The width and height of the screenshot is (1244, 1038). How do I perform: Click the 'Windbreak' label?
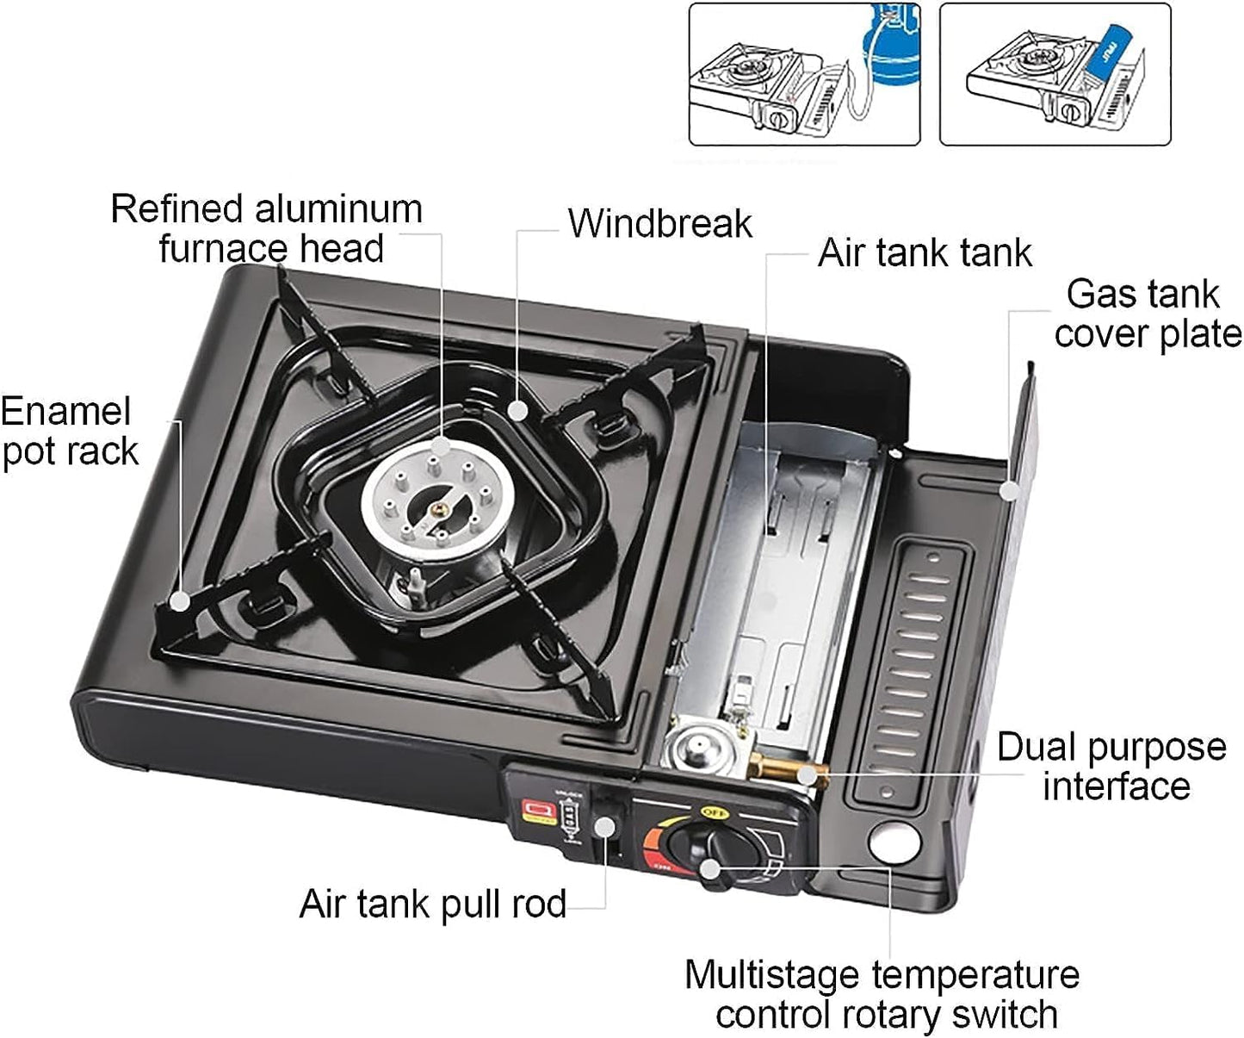pyautogui.click(x=659, y=224)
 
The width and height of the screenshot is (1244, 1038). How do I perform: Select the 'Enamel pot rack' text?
pyautogui.click(x=68, y=432)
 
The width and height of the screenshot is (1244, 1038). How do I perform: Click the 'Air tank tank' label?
pyautogui.click(x=925, y=253)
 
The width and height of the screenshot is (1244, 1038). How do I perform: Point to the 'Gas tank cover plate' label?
pyautogui.click(x=1146, y=314)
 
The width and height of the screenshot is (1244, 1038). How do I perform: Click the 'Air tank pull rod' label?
pyautogui.click(x=432, y=905)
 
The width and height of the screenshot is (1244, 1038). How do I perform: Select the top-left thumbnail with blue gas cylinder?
pyautogui.click(x=804, y=75)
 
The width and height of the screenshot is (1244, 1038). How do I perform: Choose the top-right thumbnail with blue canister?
pyautogui.click(x=1055, y=75)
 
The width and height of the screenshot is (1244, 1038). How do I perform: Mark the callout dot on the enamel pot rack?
pyautogui.click(x=178, y=600)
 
